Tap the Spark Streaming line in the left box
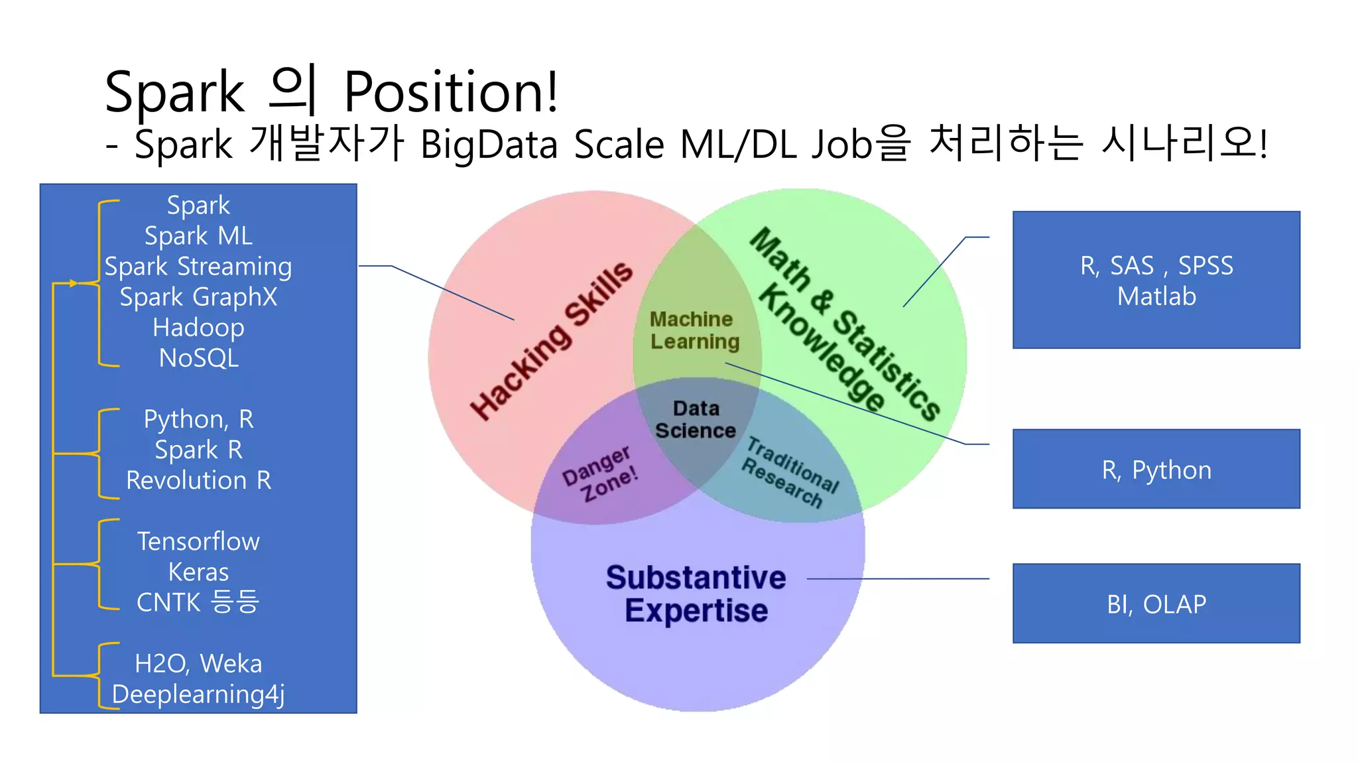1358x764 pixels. [198, 267]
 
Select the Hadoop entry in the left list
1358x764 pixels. [198, 328]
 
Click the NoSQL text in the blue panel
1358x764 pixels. [198, 358]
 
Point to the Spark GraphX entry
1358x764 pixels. [198, 297]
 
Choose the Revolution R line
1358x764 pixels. [198, 480]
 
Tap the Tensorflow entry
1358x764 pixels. [198, 541]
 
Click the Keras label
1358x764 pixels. [198, 572]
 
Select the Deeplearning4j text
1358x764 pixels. [198, 694]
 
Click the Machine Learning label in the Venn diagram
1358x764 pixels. [694, 330]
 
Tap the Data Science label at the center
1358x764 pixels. [696, 420]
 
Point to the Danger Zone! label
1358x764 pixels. [600, 474]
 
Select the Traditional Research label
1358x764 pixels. [790, 472]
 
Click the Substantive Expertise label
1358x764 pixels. [696, 594]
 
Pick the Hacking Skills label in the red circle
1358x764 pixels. [551, 340]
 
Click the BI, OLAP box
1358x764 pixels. [1156, 604]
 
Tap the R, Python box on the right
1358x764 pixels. [1156, 470]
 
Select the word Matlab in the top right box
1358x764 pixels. [1156, 296]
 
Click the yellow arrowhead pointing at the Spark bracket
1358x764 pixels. [73, 283]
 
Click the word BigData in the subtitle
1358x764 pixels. [489, 145]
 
